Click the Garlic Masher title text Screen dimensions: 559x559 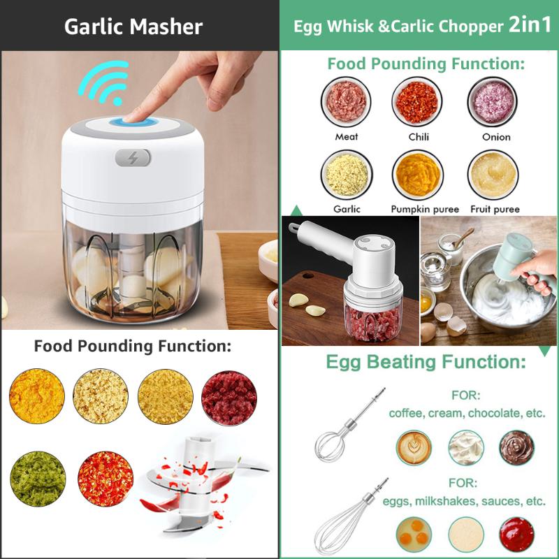point(133,27)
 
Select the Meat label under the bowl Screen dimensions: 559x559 point(347,137)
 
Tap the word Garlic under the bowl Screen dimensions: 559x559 point(347,209)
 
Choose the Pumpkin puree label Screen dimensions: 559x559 point(425,209)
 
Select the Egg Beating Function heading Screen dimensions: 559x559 point(426,362)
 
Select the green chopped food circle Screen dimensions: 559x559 point(38,479)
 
